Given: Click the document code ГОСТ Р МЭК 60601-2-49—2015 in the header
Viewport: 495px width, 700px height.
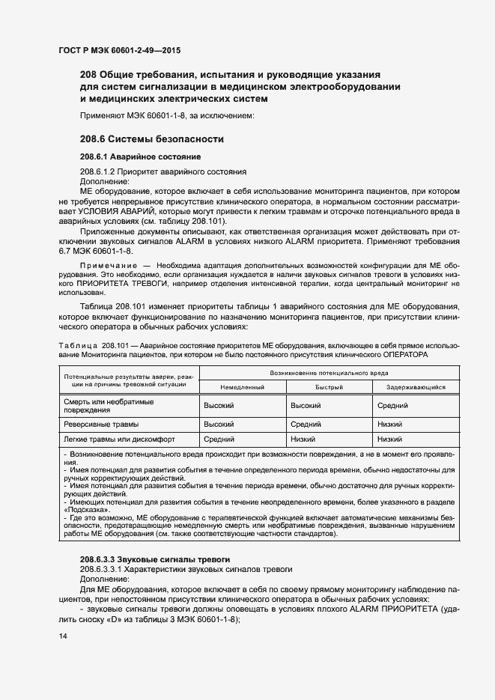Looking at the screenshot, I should [x=119, y=51].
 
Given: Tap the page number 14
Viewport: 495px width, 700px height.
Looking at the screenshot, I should [x=62, y=636].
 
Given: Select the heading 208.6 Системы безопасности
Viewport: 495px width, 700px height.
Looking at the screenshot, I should [x=152, y=139].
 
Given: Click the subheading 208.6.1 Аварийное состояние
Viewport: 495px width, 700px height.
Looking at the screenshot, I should [x=140, y=157].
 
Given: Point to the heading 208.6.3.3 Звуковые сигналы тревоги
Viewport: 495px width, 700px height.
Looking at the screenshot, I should [x=155, y=560].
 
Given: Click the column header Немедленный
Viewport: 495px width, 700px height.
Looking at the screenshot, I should [x=243, y=387].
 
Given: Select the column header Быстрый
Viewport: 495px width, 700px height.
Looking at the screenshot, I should [x=329, y=387].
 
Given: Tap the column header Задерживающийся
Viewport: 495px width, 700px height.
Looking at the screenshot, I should [x=416, y=387].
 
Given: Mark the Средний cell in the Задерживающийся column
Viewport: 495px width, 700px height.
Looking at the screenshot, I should [x=392, y=405].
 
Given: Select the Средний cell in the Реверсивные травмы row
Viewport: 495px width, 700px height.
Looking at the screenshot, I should [x=305, y=424].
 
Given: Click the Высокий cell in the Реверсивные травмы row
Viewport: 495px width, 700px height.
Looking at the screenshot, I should [x=219, y=424].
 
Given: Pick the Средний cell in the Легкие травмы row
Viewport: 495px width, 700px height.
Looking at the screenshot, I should [x=219, y=439].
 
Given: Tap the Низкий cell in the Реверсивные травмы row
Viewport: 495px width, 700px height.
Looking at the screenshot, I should [x=390, y=424].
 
